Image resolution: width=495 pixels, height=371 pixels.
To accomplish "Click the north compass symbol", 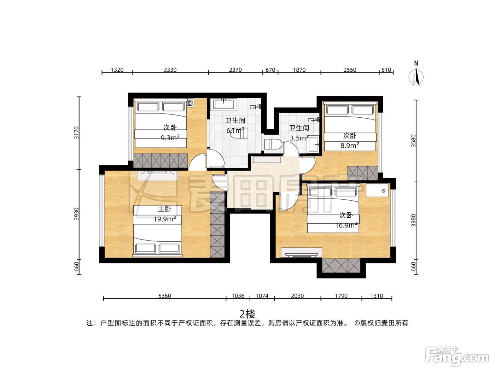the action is click(416, 74).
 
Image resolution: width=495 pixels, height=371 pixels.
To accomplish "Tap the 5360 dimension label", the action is click(165, 296).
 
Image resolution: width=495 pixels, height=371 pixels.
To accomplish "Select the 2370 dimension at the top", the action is click(235, 70).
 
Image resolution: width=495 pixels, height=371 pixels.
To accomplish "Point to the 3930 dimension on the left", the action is click(77, 214).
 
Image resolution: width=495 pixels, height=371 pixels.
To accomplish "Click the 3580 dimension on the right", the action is click(413, 141).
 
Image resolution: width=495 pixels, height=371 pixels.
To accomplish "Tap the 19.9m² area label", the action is click(165, 219).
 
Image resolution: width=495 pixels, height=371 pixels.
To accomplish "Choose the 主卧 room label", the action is click(164, 209).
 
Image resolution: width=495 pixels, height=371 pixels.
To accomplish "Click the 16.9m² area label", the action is click(346, 225).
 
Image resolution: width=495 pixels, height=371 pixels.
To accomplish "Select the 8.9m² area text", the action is click(350, 146).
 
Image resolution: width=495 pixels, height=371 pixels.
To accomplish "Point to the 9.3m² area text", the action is click(170, 138).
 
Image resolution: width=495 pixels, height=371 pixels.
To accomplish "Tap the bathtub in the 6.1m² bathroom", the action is click(223, 104).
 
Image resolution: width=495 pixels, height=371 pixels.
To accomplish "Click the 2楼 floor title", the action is click(248, 313).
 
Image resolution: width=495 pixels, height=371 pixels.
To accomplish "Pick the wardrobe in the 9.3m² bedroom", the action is click(161, 161).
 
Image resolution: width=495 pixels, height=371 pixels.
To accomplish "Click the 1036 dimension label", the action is click(238, 296).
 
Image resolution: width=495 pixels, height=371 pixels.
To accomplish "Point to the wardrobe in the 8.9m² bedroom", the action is click(362, 173).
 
